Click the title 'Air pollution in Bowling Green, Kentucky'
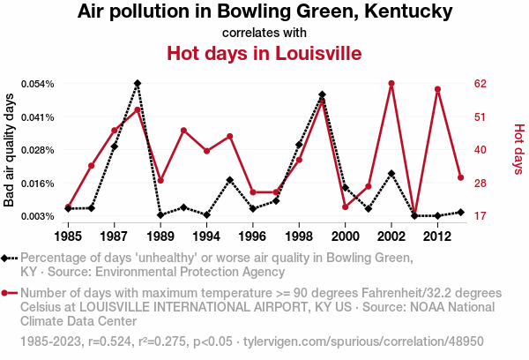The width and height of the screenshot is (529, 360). [x=264, y=12]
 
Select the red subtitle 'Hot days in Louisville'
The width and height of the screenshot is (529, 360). [x=264, y=53]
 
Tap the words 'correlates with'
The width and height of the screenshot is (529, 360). [x=264, y=34]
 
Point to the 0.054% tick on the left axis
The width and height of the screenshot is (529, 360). [x=38, y=84]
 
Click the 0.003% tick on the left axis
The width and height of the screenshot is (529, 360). [x=38, y=216]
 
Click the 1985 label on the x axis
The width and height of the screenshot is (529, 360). [x=69, y=236]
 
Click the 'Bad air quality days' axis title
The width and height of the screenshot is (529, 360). [x=10, y=150]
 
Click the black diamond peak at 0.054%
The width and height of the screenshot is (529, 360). [x=138, y=83]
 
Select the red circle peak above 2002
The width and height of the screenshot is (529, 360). [x=391, y=84]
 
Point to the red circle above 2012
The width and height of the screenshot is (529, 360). [x=437, y=89]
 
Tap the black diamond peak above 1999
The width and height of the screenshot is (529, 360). [x=322, y=94]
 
